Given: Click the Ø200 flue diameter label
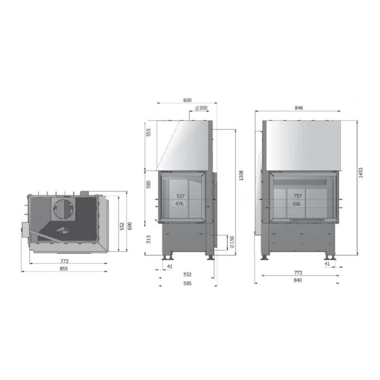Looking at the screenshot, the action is (202, 108).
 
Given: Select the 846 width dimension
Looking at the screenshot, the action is (299, 108).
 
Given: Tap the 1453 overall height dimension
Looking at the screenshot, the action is (361, 173).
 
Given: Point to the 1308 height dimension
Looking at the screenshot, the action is (241, 175).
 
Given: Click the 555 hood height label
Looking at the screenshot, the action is (149, 132).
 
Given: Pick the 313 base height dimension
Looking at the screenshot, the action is (149, 239).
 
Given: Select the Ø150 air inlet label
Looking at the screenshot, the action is (232, 242).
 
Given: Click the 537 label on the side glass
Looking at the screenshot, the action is (181, 196).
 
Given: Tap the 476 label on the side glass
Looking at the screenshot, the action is (180, 204).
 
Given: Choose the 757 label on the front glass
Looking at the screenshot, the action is (298, 196).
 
